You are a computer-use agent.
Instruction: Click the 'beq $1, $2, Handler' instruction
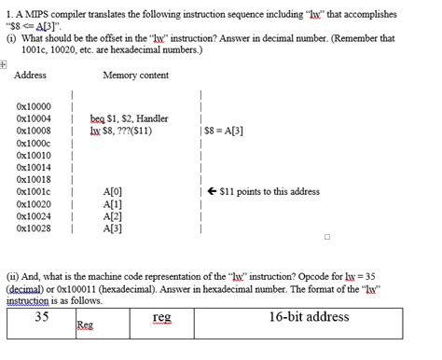point(129,119)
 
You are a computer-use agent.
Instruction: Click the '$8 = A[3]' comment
point(224,132)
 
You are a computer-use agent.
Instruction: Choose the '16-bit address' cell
point(309,317)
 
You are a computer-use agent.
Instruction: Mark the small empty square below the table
point(327,236)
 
